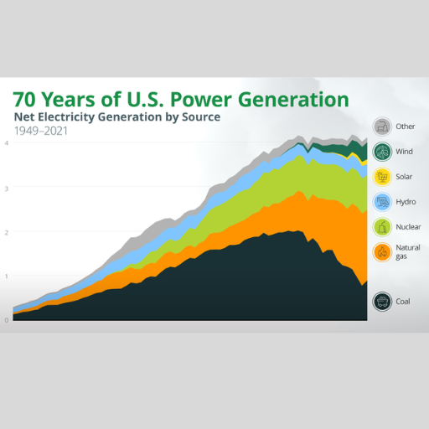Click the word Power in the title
pyautogui.click(x=201, y=100)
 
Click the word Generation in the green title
pyautogui.click(x=293, y=100)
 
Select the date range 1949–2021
pyautogui.click(x=41, y=131)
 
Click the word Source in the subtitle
pyautogui.click(x=201, y=116)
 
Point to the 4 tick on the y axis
pyautogui.click(x=7, y=143)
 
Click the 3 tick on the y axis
pyautogui.click(x=7, y=189)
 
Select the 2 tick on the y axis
pyautogui.click(x=7, y=232)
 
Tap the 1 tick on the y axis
pyautogui.click(x=7, y=277)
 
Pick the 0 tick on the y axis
pyautogui.click(x=7, y=320)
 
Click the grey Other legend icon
pyautogui.click(x=382, y=127)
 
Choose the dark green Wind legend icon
pyautogui.click(x=382, y=152)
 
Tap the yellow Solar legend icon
pyautogui.click(x=382, y=177)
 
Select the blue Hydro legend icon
pyautogui.click(x=382, y=202)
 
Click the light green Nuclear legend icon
pyautogui.click(x=382, y=227)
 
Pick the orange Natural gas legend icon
pyautogui.click(x=382, y=252)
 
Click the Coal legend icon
pyautogui.click(x=382, y=302)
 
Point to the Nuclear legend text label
pyautogui.click(x=408, y=227)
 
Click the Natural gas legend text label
pyautogui.click(x=408, y=252)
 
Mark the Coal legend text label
pyautogui.click(x=403, y=302)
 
